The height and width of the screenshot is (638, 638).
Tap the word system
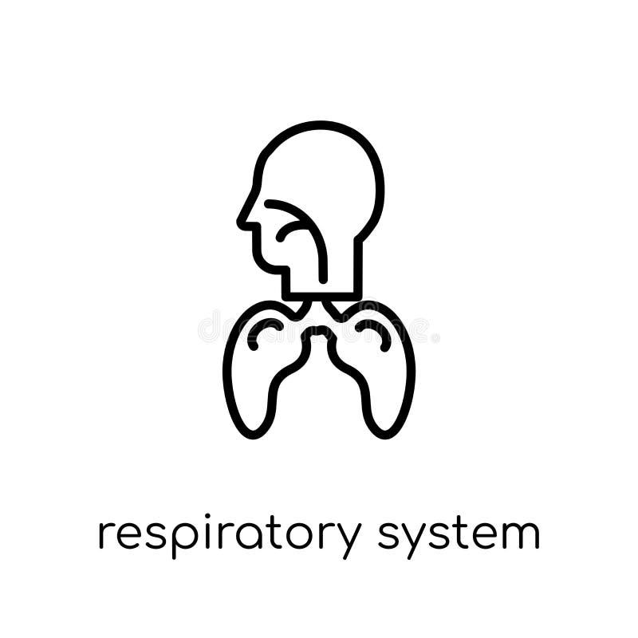click(x=459, y=536)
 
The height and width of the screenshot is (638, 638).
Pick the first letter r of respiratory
click(x=104, y=536)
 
